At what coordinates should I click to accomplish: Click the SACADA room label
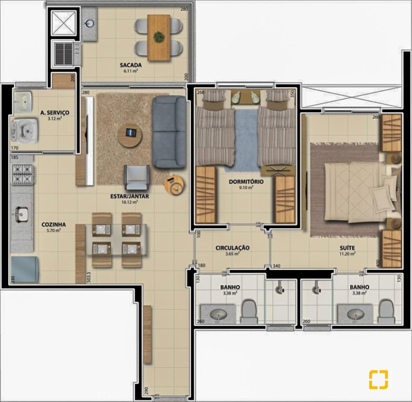131,65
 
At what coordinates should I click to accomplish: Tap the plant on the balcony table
159,37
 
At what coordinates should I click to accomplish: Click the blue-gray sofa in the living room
169,132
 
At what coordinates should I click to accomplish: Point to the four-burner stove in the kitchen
23,174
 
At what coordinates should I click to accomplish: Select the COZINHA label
53,224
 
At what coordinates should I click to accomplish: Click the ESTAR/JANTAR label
130,196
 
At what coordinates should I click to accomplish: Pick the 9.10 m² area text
246,187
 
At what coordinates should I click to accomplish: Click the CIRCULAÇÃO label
232,248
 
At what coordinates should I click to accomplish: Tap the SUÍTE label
347,248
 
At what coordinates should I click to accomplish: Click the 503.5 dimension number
89,277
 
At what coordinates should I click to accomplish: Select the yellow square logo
378,379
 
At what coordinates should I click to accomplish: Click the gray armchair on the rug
136,177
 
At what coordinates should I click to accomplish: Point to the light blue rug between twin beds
246,140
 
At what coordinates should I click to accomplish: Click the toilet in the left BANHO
249,311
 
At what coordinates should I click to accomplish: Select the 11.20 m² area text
347,254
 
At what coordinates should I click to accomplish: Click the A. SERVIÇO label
55,113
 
